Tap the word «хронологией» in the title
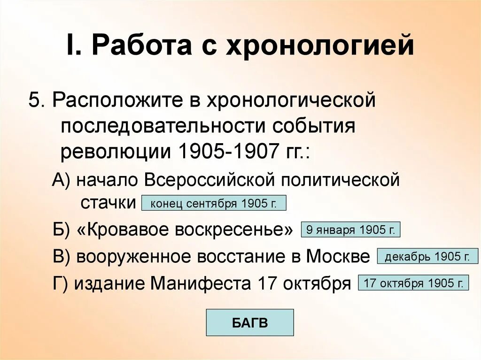(x=320, y=47)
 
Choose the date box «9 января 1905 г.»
(x=350, y=230)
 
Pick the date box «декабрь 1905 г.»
(x=427, y=257)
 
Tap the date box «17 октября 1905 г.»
(x=413, y=283)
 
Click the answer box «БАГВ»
(x=249, y=322)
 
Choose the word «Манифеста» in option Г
(x=202, y=283)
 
